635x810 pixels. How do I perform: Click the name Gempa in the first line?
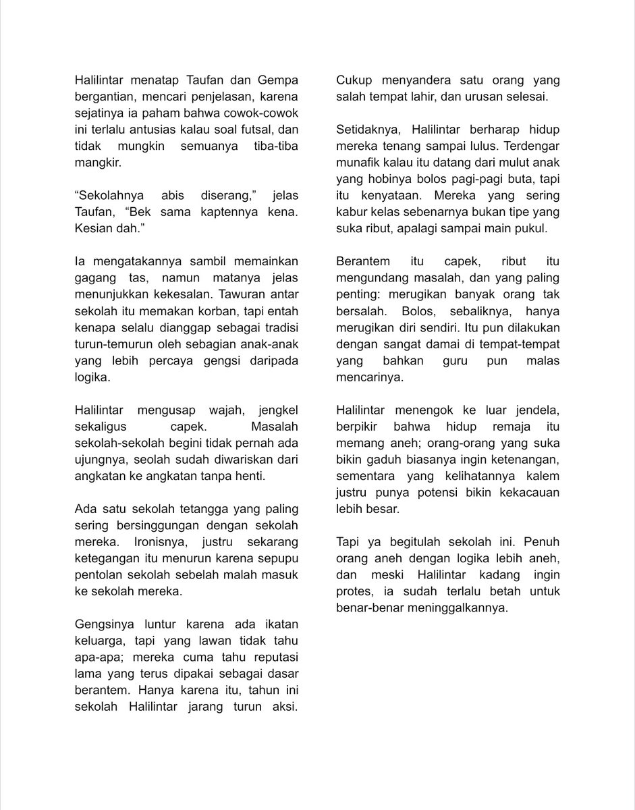(278, 81)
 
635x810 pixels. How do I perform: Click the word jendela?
(539, 410)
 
